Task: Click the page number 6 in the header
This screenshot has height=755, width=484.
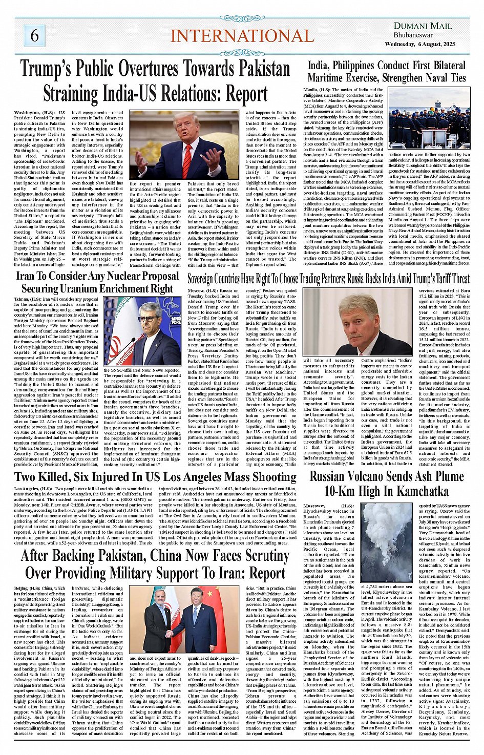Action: pos(34,35)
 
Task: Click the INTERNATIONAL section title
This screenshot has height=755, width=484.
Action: pos(242,36)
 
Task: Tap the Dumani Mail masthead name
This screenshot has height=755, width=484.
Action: pos(423,26)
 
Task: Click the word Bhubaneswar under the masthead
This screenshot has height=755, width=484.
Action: pos(413,35)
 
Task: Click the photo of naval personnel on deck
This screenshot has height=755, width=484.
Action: pos(429,121)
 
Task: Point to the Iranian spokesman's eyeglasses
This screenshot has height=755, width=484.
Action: pos(149,319)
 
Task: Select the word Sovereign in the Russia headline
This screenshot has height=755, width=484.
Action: pos(207,279)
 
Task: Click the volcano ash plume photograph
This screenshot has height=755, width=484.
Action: pos(387,543)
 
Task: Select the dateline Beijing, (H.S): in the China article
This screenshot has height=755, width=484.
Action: pos(27,589)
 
